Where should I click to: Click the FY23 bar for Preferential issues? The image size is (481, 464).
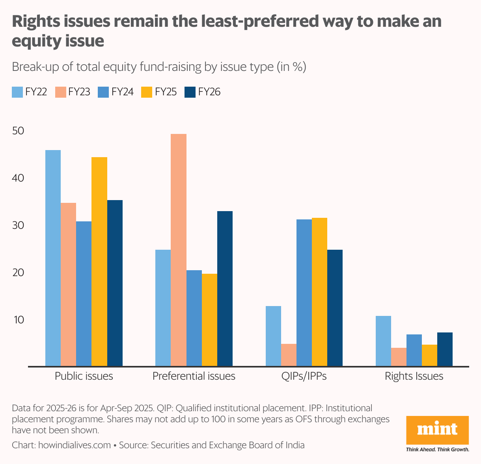tap(179, 250)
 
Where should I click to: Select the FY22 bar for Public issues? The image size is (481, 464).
tap(53, 258)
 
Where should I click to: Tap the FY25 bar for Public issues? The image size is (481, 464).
tap(99, 262)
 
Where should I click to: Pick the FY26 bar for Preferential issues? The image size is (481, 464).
tap(225, 289)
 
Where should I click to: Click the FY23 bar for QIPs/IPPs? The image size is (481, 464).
tap(289, 355)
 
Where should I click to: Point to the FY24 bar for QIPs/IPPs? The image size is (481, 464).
tap(304, 293)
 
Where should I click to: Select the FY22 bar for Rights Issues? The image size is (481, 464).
tap(383, 341)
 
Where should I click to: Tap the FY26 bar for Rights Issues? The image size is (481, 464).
tap(445, 349)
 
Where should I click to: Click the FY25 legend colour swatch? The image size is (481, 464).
tap(147, 92)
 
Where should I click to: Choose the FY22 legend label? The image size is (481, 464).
tap(36, 92)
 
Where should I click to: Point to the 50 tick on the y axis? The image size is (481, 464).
tap(18, 131)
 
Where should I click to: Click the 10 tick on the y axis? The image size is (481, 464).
tap(18, 320)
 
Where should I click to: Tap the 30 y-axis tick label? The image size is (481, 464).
tap(18, 225)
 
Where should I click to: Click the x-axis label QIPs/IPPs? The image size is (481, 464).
tap(304, 376)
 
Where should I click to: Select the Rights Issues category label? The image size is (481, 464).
tap(414, 376)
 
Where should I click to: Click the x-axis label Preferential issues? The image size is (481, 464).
tap(194, 376)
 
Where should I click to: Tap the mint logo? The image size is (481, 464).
tap(438, 430)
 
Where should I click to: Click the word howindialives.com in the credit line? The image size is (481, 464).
tap(75, 445)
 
